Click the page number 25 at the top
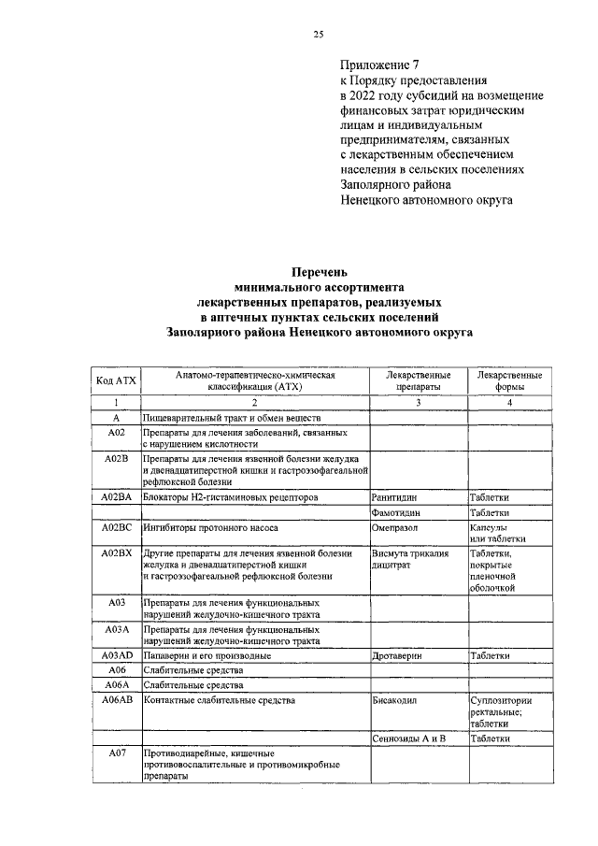(x=317, y=35)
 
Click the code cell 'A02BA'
(x=117, y=498)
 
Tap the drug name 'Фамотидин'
(x=398, y=513)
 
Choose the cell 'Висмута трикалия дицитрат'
(x=409, y=559)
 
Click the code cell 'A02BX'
(x=117, y=553)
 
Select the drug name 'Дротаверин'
(x=399, y=656)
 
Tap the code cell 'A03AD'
(x=117, y=656)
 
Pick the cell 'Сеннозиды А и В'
(x=408, y=738)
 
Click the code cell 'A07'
(x=117, y=753)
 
